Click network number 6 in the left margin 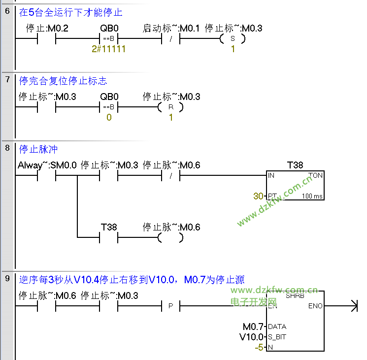(x=7, y=11)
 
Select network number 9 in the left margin (x=7, y=279)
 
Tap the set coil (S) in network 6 (x=233, y=39)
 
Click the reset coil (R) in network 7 (x=170, y=107)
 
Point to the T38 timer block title (x=295, y=165)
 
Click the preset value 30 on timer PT (x=258, y=196)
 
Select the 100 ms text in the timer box (x=313, y=196)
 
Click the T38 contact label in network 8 (x=108, y=227)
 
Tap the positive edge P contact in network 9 (x=170, y=306)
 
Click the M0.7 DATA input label (x=254, y=327)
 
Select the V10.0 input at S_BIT (x=252, y=337)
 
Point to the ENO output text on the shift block (x=315, y=306)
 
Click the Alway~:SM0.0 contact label (x=47, y=165)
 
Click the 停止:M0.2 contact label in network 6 (x=47, y=29)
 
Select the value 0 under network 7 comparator (x=108, y=118)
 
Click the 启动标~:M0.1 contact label (x=170, y=29)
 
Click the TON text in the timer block (x=315, y=175)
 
